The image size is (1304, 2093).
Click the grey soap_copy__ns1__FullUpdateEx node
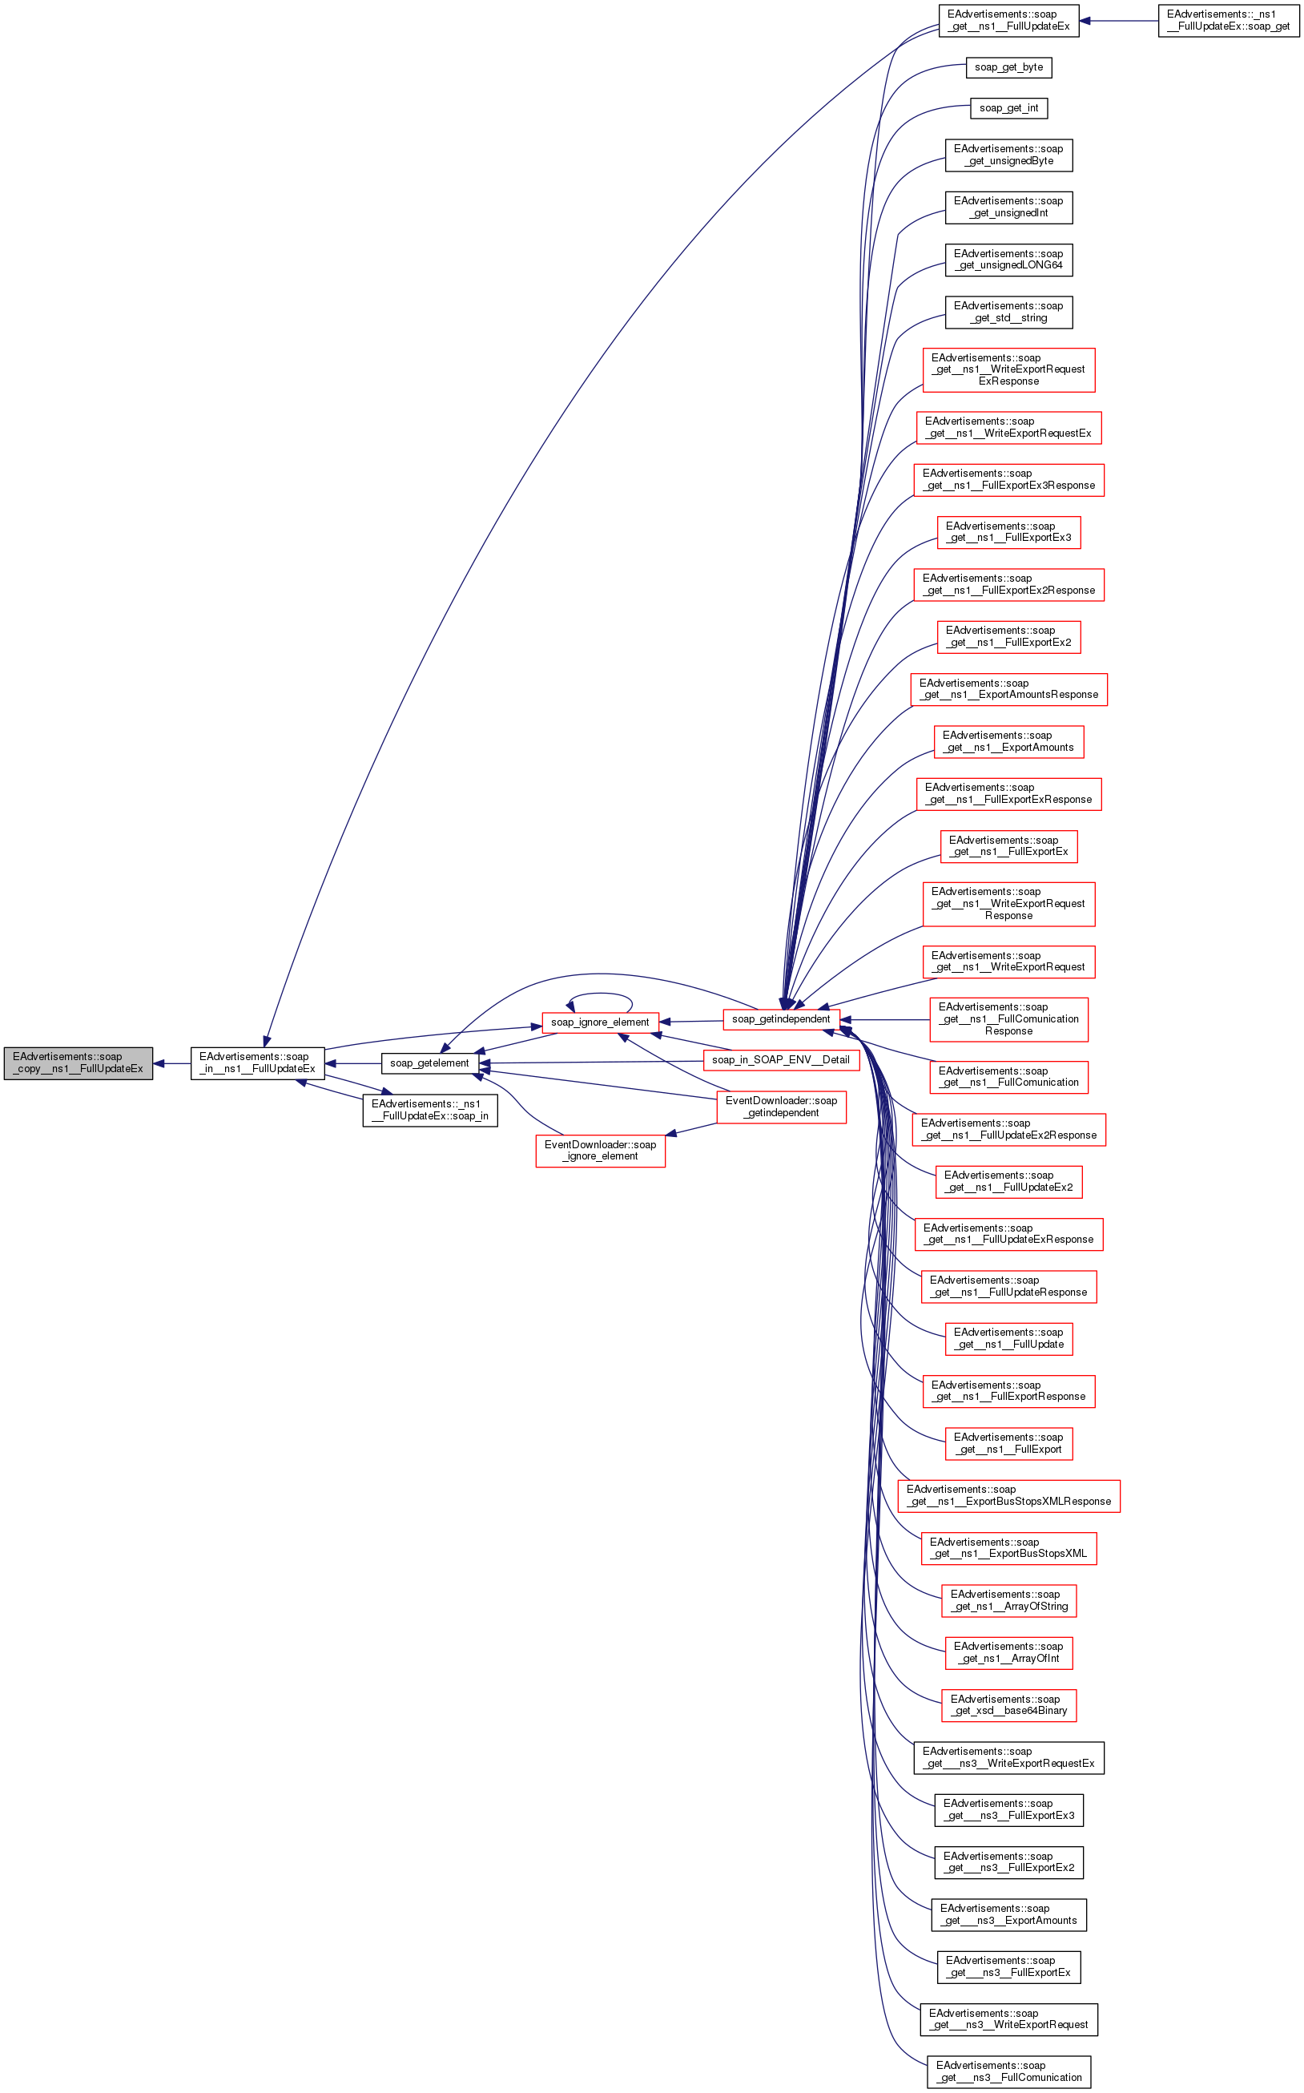(x=78, y=1063)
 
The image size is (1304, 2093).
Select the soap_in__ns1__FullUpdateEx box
(x=257, y=1063)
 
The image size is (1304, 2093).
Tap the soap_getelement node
(x=429, y=1063)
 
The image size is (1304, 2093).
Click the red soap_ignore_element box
(x=600, y=1022)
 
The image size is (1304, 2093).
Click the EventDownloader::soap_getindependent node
(x=782, y=1107)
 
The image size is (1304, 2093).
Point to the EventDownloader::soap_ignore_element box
(x=600, y=1151)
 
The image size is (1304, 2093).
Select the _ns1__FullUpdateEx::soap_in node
(x=429, y=1111)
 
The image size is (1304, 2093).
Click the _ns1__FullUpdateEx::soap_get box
(x=1228, y=21)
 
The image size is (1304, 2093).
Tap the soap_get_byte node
(x=1008, y=67)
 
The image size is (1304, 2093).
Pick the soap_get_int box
(x=1008, y=109)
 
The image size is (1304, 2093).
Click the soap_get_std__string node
(x=1008, y=313)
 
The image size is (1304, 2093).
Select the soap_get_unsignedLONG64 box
(x=1008, y=260)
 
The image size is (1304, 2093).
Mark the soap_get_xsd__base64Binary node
(x=1008, y=1706)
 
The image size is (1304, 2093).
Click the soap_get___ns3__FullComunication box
(x=1008, y=2071)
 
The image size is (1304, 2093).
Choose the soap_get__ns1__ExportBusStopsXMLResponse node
(x=1008, y=1496)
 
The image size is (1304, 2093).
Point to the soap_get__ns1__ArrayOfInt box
(x=1008, y=1653)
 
